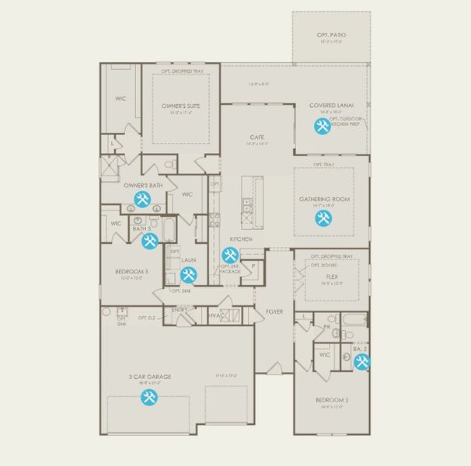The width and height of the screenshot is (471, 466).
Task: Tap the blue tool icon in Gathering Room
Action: (323, 218)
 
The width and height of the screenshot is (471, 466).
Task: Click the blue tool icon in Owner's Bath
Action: (141, 200)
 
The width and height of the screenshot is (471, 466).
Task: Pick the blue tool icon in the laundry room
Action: (188, 274)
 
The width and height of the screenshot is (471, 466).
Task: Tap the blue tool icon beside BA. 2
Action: (361, 362)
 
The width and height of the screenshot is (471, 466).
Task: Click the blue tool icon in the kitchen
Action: (229, 255)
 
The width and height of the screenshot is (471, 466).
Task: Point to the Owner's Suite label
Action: (181, 106)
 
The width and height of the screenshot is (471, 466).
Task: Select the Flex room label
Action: (332, 276)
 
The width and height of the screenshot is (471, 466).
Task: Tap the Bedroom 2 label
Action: (332, 400)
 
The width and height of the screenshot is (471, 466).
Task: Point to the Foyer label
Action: (274, 312)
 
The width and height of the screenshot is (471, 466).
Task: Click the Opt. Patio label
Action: (332, 36)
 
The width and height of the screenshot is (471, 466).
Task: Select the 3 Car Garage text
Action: (150, 377)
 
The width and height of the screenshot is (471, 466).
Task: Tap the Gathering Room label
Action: (326, 200)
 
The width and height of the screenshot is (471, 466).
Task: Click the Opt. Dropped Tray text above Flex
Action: (332, 256)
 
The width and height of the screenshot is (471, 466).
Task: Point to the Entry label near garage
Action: (180, 310)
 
